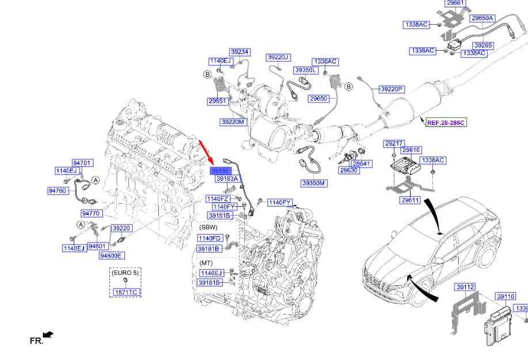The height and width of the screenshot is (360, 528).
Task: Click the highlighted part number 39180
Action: (x=221, y=170)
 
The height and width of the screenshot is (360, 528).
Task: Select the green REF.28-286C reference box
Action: (x=446, y=123)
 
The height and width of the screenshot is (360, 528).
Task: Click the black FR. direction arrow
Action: (x=48, y=335)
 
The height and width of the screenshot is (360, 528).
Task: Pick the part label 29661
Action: (x=455, y=3)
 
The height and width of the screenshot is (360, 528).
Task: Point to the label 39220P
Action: (x=392, y=89)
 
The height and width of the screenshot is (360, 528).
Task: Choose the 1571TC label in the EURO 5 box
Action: (x=126, y=292)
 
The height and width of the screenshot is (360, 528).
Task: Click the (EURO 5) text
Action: (x=126, y=272)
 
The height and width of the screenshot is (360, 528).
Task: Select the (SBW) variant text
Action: (x=208, y=227)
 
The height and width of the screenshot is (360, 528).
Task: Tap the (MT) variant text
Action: (x=206, y=263)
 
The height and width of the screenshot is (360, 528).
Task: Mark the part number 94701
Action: (x=82, y=163)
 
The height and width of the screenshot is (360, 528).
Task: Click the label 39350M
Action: (x=313, y=183)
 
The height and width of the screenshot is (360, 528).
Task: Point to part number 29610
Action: (x=411, y=150)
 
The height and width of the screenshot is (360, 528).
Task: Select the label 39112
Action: (x=465, y=287)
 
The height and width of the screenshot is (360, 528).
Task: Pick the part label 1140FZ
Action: (x=218, y=199)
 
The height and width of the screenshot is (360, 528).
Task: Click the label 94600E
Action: (x=111, y=256)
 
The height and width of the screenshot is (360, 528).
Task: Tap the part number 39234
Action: (x=240, y=52)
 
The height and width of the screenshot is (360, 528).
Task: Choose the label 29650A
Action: (x=483, y=18)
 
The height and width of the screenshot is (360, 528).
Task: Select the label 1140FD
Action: (x=210, y=238)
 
